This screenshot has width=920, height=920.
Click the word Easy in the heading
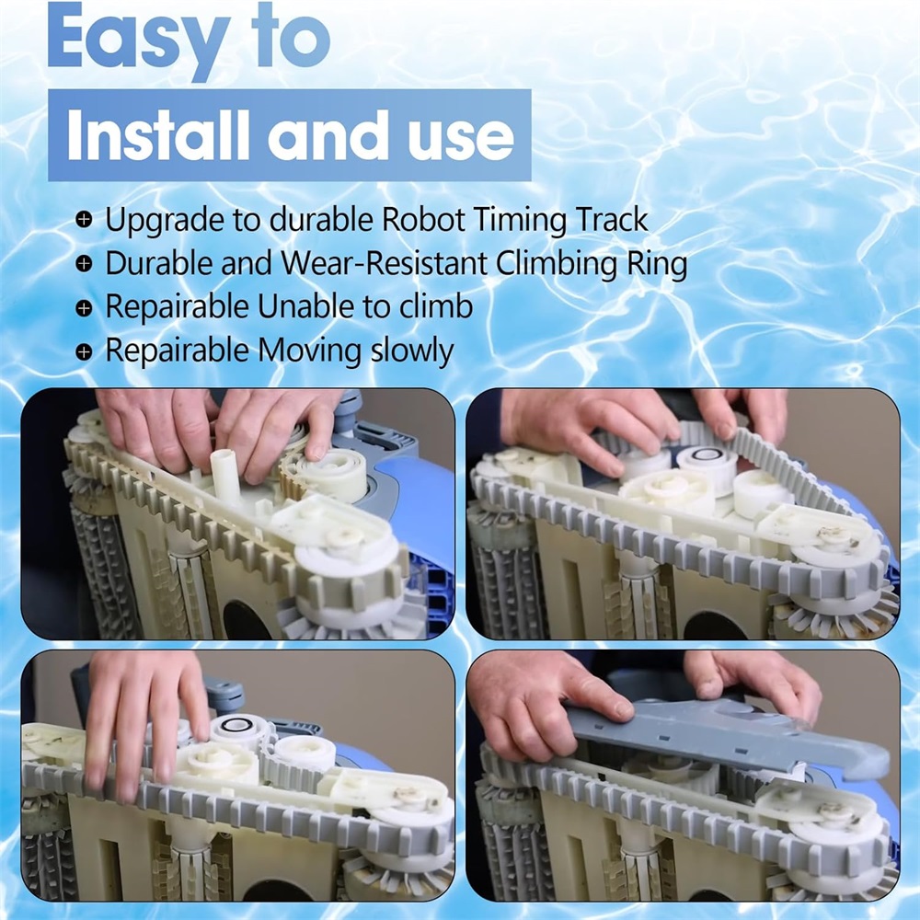tap(139, 40)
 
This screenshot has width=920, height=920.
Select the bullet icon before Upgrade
tap(85, 220)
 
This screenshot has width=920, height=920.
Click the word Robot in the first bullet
tap(423, 220)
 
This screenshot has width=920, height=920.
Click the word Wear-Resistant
tap(385, 263)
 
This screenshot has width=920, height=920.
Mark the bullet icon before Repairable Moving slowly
tap(85, 351)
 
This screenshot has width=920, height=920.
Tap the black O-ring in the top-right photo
tap(706, 454)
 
